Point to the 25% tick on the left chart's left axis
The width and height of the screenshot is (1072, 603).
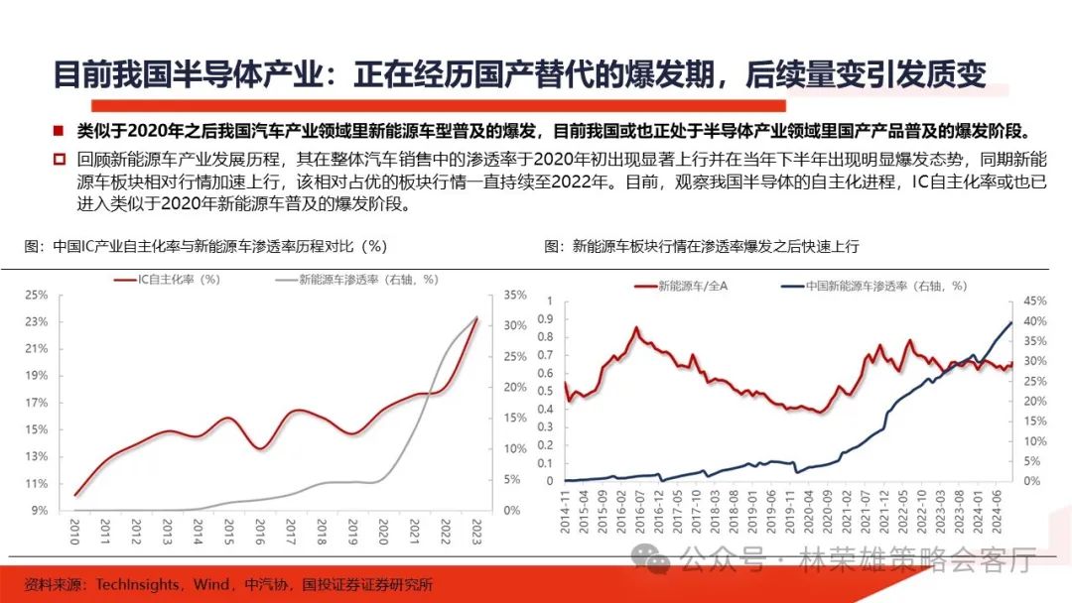36,295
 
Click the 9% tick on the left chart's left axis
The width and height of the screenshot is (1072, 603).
39,510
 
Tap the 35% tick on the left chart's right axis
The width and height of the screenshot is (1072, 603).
516,295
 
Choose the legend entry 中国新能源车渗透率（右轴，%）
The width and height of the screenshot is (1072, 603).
872,286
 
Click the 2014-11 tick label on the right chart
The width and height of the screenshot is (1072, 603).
565,513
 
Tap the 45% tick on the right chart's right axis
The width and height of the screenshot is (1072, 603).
1035,300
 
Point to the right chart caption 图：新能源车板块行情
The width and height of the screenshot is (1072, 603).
701,245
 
